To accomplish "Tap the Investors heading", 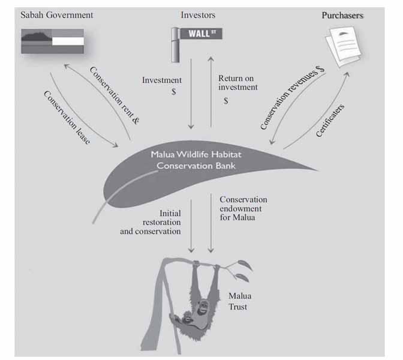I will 198,14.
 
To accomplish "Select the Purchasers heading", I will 342,16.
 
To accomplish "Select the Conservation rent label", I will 114,95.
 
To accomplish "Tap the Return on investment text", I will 238,83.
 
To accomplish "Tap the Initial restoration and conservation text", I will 151,222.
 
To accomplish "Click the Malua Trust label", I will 239,302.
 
